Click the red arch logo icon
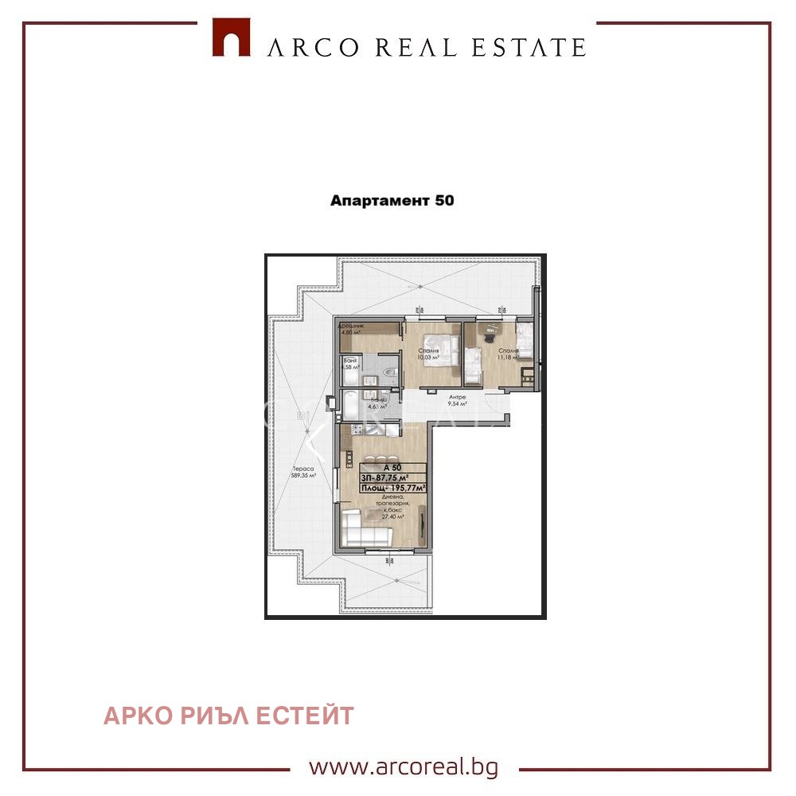[x=231, y=37]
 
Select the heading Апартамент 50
[x=392, y=201]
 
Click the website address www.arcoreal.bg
[x=404, y=767]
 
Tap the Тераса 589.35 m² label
[x=302, y=473]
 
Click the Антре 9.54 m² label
[x=457, y=400]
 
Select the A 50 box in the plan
[x=392, y=468]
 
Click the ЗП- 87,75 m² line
[x=392, y=478]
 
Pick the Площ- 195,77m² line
[x=392, y=488]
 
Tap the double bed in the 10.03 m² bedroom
[x=443, y=353]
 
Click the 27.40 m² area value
[x=392, y=517]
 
